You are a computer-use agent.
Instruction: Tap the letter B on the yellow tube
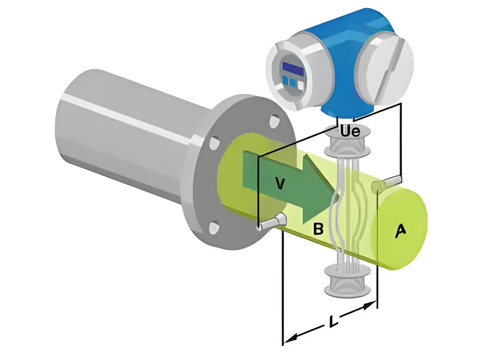(x=318, y=229)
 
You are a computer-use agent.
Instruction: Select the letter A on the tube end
(x=400, y=231)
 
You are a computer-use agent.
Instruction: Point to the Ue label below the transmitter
(x=351, y=131)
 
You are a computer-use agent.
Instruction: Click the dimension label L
(x=332, y=320)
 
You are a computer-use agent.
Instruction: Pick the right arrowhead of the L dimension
(x=370, y=305)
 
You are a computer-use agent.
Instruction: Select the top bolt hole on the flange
(x=274, y=121)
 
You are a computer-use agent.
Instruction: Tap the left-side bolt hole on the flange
(x=215, y=143)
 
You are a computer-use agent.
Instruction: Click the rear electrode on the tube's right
(x=386, y=183)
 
